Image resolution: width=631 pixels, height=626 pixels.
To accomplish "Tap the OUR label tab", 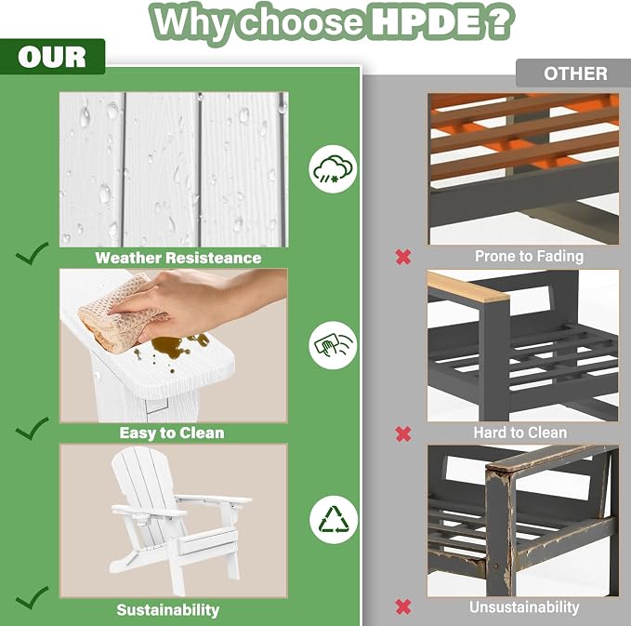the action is click(52, 57).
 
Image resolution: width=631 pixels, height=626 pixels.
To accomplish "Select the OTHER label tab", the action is click(573, 73).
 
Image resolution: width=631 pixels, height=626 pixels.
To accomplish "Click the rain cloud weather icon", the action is click(333, 168).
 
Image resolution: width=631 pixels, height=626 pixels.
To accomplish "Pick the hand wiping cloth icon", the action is click(333, 345).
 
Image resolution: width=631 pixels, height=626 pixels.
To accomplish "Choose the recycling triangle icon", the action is click(334, 520).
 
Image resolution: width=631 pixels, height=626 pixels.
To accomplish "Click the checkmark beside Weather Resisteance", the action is click(33, 253).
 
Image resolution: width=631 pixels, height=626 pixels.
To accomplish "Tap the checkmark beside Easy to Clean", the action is click(33, 428).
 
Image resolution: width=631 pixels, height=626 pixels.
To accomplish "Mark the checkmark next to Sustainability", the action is click(33, 597).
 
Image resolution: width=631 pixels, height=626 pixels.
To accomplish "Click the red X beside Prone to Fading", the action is click(403, 257).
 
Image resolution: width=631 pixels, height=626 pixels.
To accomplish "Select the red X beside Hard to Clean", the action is click(403, 433).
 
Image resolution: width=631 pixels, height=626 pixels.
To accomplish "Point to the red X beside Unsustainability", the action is click(403, 607).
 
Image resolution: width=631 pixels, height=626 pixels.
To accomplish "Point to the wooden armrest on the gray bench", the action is click(468, 286).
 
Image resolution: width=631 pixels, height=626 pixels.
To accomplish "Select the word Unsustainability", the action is click(524, 607).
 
